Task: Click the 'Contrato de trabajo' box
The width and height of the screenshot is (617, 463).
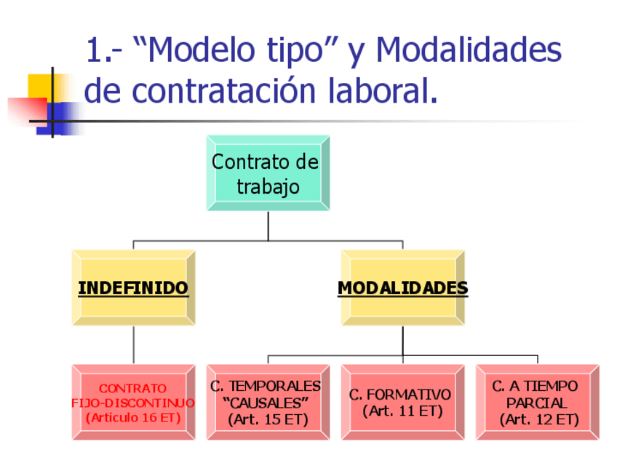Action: pyautogui.click(x=268, y=173)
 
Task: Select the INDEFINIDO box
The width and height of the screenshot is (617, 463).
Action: pyautogui.click(x=133, y=288)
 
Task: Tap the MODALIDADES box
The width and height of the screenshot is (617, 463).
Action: pyautogui.click(x=402, y=288)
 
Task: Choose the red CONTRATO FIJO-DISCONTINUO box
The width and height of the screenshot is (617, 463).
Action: pyautogui.click(x=133, y=403)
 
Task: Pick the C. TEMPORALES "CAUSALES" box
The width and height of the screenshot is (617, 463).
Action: pyautogui.click(x=268, y=403)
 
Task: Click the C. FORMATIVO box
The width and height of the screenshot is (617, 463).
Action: pyautogui.click(x=402, y=403)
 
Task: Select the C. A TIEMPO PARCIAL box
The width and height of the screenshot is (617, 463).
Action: pyautogui.click(x=537, y=403)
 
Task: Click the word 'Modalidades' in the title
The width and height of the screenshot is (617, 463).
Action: pyautogui.click(x=469, y=51)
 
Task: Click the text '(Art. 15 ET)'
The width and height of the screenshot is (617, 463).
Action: pyautogui.click(x=268, y=419)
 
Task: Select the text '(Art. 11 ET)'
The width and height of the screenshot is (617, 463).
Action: pyautogui.click(x=402, y=411)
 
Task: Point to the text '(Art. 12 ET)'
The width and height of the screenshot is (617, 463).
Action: pyautogui.click(x=539, y=419)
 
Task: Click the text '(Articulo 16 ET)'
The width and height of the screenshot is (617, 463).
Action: pyautogui.click(x=133, y=418)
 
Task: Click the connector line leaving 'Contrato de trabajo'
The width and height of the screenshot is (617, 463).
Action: pyautogui.click(x=268, y=226)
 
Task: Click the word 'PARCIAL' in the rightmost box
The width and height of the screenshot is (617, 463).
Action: pyautogui.click(x=537, y=403)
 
